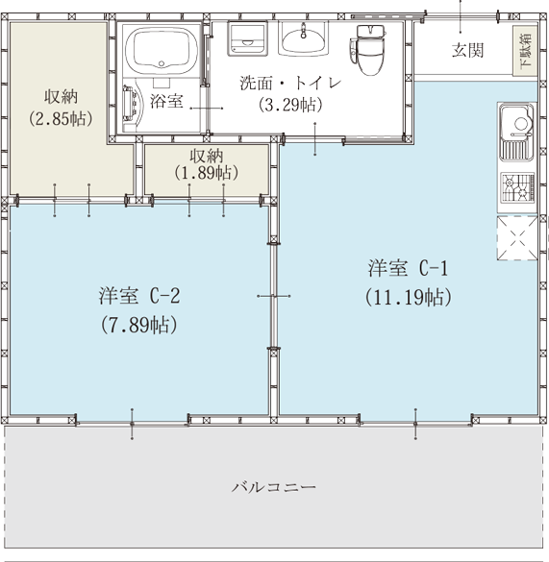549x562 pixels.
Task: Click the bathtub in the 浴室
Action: [162, 49]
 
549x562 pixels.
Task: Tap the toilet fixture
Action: [368, 49]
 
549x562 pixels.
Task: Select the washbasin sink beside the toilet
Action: [303, 38]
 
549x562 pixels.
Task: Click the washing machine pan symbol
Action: [248, 38]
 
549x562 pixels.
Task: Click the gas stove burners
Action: [517, 188]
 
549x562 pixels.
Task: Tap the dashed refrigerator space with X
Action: [517, 238]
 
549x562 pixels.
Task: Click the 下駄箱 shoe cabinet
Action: [525, 51]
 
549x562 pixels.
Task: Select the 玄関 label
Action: [467, 50]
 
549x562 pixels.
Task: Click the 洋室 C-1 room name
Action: [408, 268]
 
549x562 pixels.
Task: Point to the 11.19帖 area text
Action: [409, 297]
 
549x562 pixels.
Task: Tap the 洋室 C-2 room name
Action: [139, 296]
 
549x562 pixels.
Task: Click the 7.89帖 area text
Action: [138, 325]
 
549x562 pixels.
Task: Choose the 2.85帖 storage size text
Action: [61, 118]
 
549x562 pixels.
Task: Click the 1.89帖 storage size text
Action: [207, 173]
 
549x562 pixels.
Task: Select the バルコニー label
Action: [274, 487]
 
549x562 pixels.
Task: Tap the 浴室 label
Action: [166, 101]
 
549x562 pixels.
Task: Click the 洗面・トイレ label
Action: [290, 84]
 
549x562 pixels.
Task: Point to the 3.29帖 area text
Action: [290, 105]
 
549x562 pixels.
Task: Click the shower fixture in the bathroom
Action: [131, 104]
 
